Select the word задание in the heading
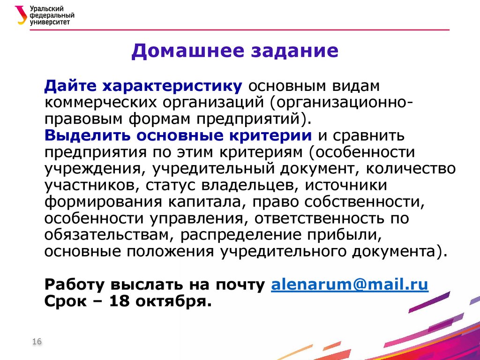[295, 50]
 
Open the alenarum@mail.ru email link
[350, 285]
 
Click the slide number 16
[37, 342]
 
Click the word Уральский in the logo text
[50, 8]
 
